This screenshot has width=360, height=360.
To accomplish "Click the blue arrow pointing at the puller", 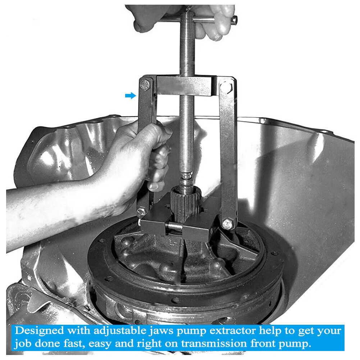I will [x=131, y=95].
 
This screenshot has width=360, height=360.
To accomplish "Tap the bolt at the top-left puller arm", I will [x=145, y=85].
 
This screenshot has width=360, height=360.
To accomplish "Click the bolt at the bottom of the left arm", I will [x=142, y=212].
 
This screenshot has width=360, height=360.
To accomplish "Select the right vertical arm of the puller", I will [x=228, y=151].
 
